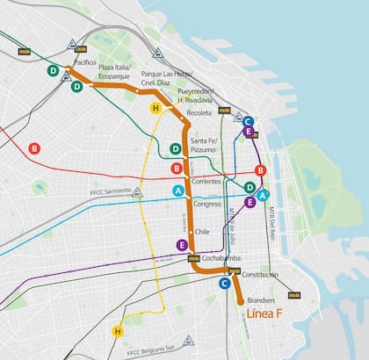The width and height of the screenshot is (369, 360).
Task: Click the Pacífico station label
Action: coord(85,63)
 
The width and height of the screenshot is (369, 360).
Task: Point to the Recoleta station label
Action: coord(199,114)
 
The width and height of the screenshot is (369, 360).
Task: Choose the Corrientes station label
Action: coord(206,181)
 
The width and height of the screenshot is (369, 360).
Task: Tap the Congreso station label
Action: coord(206,204)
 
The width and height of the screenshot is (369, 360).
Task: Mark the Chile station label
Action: coord(201,232)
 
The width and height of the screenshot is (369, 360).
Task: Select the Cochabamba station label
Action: coord(221,258)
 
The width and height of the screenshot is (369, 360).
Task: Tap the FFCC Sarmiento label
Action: coord(110,191)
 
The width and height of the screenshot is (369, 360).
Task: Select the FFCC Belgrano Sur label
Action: coord(153,353)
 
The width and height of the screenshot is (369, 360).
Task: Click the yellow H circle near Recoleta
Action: coord(156,107)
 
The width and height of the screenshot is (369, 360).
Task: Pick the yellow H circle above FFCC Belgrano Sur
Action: coord(117,331)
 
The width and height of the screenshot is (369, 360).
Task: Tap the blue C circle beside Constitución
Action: coord(225,284)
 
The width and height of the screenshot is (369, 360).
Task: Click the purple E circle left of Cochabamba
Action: coord(182,245)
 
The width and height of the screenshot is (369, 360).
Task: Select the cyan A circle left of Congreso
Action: coord(178,190)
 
